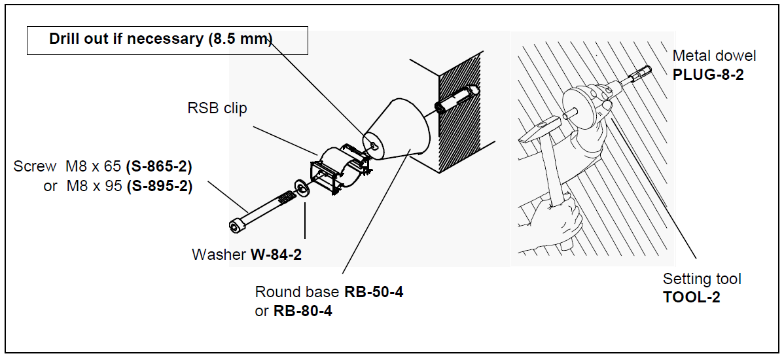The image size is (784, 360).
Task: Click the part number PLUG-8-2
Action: click(708, 74)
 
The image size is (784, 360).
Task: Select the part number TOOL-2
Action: click(691, 297)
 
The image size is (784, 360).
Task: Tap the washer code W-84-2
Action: click(276, 254)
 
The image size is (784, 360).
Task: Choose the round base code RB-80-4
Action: click(302, 311)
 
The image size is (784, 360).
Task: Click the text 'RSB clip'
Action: click(217, 108)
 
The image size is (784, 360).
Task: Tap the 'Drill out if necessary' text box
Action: click(167, 40)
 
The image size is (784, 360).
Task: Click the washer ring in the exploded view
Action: click(302, 189)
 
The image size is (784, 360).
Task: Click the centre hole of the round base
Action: click(372, 145)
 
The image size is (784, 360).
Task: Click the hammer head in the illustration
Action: click(538, 130)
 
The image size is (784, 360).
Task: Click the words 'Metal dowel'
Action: click(714, 56)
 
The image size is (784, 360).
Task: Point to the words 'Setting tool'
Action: click(702, 279)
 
